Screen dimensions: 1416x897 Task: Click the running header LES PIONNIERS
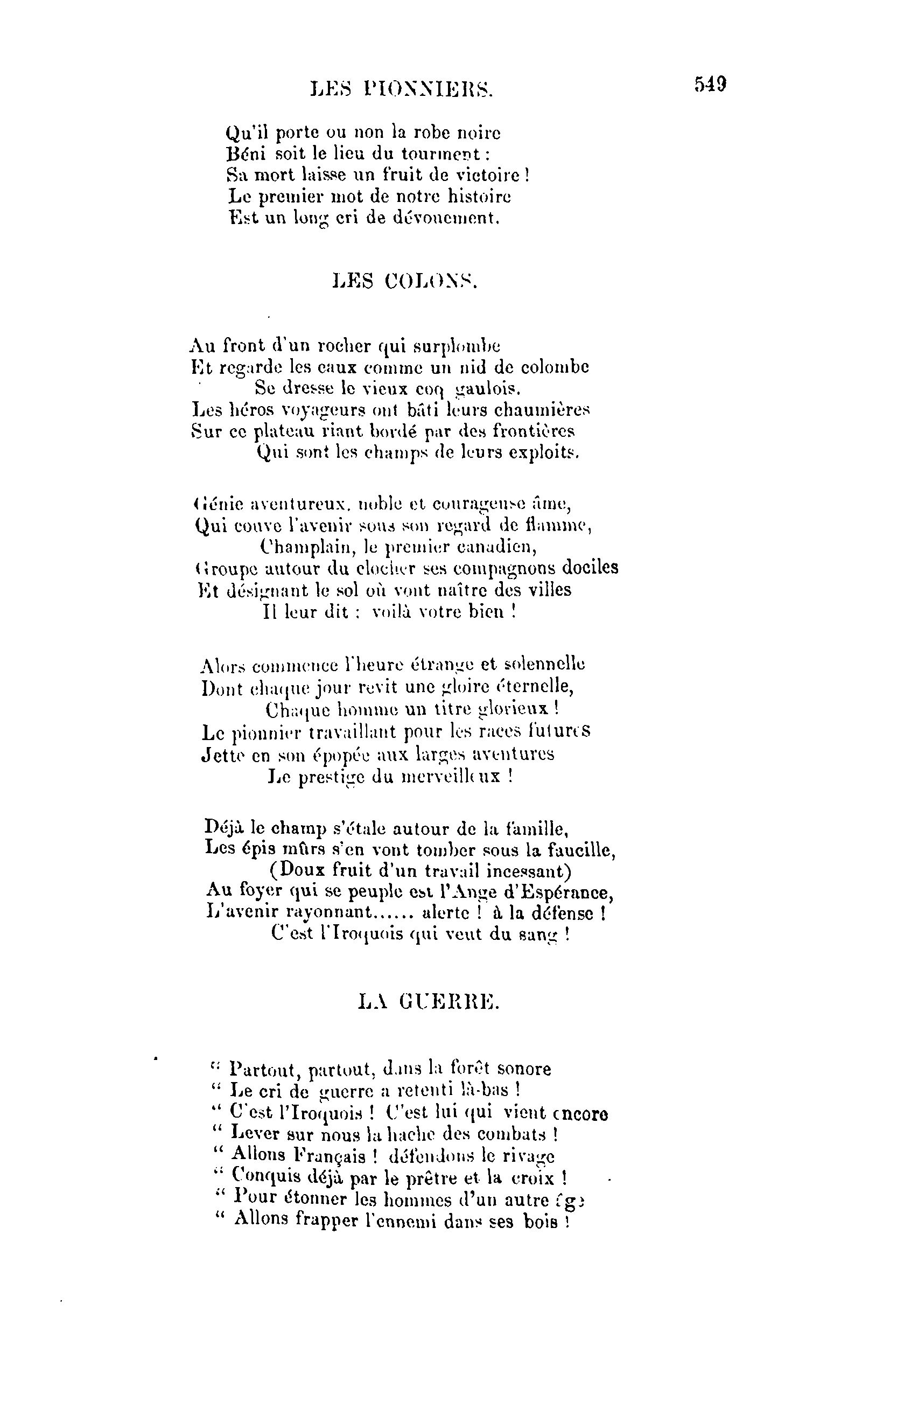click(x=402, y=89)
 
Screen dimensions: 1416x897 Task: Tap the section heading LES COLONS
click(x=405, y=282)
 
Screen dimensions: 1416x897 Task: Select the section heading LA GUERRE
click(x=429, y=1001)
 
